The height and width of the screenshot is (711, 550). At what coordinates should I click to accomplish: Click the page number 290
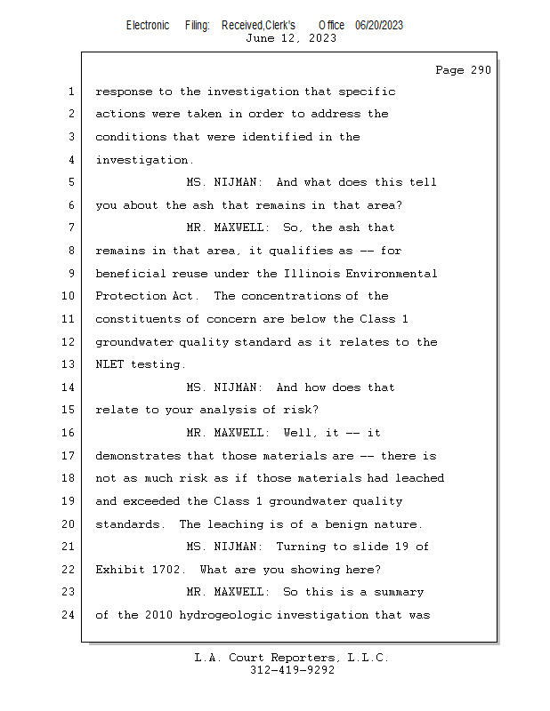click(481, 70)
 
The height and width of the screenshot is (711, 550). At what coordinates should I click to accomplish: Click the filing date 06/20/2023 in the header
click(379, 26)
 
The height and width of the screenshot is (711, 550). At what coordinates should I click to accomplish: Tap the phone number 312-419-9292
click(292, 670)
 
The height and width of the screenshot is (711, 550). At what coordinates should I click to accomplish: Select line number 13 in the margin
click(68, 364)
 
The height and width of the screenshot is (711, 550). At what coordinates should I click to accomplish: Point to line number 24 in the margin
click(68, 615)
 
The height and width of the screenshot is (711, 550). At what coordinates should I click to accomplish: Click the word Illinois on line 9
click(311, 274)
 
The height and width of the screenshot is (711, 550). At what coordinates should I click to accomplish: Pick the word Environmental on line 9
click(391, 274)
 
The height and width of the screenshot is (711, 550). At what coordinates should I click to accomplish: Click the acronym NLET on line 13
click(109, 364)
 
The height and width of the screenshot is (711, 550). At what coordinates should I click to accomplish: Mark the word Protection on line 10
click(130, 296)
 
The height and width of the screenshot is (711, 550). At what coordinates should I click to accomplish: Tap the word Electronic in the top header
click(148, 26)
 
